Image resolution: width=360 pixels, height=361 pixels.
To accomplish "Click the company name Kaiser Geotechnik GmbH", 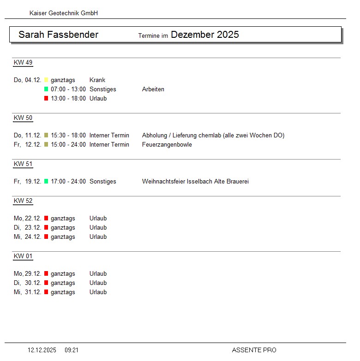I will click(63, 13).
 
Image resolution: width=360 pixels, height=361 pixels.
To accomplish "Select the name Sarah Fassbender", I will click(58, 35).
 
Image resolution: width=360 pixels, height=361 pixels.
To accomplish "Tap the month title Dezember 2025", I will click(204, 35).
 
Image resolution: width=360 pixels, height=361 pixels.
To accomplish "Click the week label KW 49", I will click(23, 63).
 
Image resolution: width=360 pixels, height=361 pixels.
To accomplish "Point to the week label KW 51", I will click(23, 164).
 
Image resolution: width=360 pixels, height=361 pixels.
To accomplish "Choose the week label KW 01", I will click(23, 256).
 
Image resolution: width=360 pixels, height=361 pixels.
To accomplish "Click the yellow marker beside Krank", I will click(46, 80).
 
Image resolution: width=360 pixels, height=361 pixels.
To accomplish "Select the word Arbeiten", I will click(153, 89).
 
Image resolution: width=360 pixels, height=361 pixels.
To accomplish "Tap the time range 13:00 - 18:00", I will click(68, 99).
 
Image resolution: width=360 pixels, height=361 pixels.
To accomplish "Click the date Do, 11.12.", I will click(28, 136).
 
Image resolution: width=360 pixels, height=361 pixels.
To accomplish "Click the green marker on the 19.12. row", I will click(46, 182).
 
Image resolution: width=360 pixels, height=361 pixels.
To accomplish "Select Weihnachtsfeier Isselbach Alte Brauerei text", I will click(195, 182).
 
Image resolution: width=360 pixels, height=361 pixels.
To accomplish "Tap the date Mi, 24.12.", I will click(28, 237).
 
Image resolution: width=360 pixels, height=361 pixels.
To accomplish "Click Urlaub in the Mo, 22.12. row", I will click(98, 219).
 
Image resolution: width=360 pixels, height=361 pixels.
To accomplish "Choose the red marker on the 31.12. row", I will click(46, 292).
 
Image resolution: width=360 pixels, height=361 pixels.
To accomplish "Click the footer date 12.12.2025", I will click(42, 350).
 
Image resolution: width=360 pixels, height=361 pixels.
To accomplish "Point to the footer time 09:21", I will click(72, 350).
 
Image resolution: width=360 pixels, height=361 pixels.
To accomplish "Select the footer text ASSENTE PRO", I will click(254, 350).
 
